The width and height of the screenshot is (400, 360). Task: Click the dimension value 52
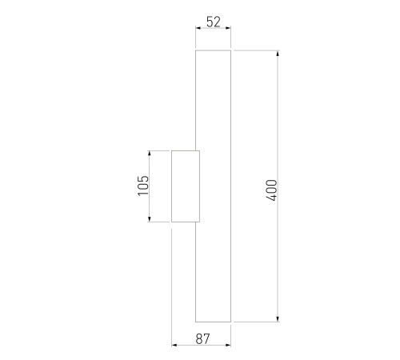pos(214,22)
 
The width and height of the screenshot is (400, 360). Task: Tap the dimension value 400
pos(272,190)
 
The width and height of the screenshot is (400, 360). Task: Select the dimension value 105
pos(143,186)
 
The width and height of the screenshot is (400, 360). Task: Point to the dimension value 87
pos(202,339)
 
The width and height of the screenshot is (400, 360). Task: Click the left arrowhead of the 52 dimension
pos(198,28)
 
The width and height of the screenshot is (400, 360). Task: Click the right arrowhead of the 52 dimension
pos(228,28)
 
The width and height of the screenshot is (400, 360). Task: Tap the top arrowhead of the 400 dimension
pos(278,53)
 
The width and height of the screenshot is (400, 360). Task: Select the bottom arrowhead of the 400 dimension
pos(278,319)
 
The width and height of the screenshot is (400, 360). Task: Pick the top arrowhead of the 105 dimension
pos(149,154)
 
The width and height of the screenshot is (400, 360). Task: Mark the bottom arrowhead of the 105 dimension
pos(149,219)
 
